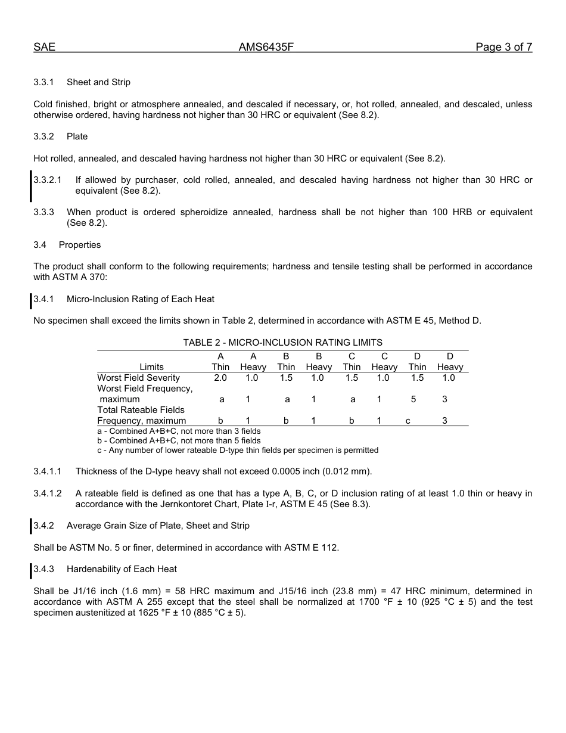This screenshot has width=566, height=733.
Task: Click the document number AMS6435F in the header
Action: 266,48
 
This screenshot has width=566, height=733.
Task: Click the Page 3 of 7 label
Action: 503,48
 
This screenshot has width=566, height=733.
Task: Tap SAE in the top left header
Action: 44,48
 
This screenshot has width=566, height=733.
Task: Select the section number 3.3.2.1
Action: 48,180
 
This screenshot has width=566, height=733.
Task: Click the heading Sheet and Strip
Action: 98,82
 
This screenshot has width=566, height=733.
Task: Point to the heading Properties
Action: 80,245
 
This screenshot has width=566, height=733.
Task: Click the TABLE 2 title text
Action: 282,343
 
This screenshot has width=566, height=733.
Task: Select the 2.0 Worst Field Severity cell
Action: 220,378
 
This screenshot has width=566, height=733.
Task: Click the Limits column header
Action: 151,367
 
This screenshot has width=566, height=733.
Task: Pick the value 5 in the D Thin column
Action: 413,399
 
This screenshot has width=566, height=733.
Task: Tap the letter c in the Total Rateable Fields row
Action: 408,421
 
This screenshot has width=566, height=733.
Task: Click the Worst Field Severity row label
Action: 138,378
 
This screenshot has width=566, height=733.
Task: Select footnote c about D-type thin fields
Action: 238,451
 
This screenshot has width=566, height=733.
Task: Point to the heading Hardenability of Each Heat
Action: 122,569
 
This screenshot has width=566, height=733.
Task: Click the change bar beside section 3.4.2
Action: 31,526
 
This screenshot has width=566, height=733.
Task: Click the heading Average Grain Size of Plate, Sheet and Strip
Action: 158,526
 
